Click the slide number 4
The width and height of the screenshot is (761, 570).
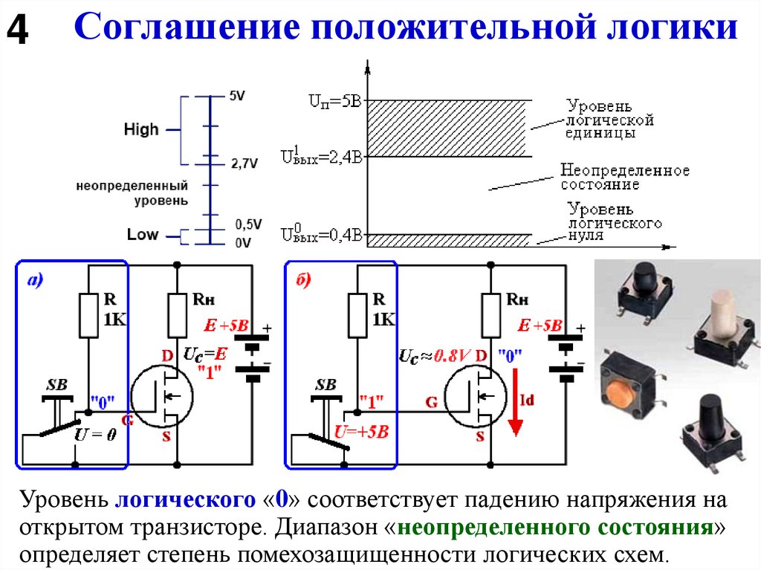18,30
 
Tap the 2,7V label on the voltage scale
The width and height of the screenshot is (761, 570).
244,163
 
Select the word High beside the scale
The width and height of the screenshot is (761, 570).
140,129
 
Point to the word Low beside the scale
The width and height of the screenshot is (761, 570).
143,234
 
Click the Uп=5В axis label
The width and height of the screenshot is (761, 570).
335,101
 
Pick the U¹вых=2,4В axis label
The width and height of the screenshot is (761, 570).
322,155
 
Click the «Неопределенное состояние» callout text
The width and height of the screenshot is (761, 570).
624,177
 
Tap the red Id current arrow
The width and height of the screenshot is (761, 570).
515,402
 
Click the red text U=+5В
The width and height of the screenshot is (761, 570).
362,432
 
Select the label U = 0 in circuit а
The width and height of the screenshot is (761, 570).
95,434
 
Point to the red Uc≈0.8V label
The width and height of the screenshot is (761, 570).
435,356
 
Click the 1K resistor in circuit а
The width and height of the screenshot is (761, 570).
89,315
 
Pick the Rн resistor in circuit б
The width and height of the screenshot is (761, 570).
490,315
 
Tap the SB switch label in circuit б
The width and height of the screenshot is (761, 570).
326,385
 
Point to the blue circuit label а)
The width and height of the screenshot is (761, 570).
35,281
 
